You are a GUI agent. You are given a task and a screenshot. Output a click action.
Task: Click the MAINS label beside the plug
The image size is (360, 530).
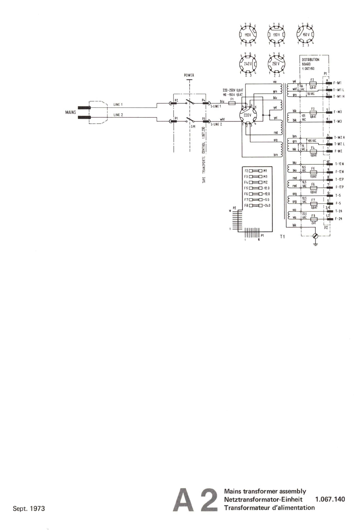point(71,112)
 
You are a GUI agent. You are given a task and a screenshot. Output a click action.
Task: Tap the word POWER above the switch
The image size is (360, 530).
point(189,75)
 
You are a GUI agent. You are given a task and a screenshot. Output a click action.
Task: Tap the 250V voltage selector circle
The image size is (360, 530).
point(276,64)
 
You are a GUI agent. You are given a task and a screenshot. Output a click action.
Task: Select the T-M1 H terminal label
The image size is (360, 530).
point(339,97)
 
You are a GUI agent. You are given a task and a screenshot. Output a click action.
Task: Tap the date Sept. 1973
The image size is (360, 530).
point(29,508)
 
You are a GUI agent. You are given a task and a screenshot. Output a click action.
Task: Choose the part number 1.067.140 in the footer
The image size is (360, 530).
point(330,499)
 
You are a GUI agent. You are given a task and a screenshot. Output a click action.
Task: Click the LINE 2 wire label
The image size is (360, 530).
point(118,115)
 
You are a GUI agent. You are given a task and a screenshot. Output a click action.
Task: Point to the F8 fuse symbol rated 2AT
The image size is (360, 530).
point(313,219)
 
